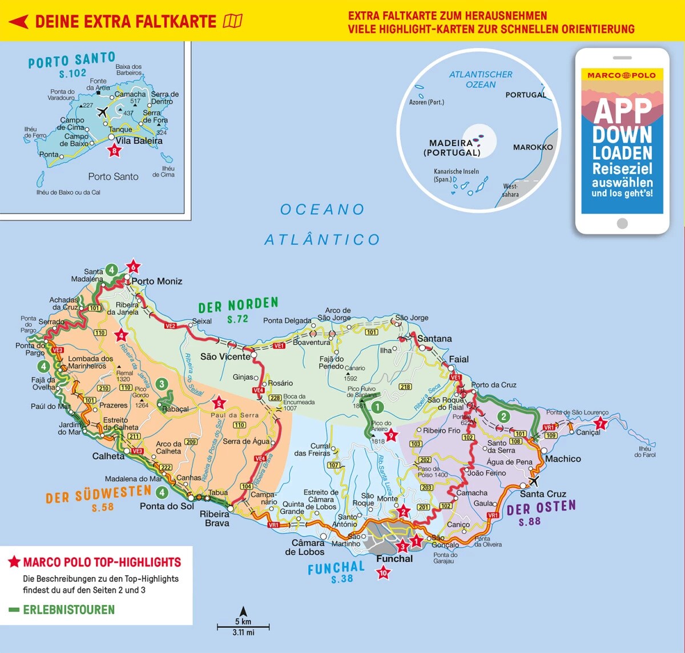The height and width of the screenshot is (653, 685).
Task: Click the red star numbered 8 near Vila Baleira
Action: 115,151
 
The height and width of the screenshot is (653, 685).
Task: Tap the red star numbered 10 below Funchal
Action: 384,573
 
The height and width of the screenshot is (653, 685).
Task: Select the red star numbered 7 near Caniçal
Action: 600,424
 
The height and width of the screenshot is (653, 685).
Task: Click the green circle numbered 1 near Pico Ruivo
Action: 377,407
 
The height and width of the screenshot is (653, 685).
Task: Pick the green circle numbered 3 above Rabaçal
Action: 162,384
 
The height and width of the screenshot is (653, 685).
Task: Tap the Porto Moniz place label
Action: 157,281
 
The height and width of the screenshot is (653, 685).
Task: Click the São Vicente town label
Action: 225,356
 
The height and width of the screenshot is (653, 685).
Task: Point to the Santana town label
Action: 434,339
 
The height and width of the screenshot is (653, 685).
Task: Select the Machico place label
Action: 563,459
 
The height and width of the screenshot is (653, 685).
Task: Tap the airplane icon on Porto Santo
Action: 103,111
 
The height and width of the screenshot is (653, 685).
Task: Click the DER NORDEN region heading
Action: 238,306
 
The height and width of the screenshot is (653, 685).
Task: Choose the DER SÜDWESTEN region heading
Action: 98,494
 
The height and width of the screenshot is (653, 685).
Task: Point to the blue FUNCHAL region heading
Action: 336,569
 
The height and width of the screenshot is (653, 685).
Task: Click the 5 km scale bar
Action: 243,627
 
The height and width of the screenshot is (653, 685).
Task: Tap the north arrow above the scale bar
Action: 243,611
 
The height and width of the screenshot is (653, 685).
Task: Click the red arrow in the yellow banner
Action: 18,22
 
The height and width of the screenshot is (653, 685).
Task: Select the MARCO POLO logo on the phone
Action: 622,75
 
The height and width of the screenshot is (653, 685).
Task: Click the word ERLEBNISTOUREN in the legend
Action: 68,610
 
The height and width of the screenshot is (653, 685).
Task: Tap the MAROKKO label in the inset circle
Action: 533,147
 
